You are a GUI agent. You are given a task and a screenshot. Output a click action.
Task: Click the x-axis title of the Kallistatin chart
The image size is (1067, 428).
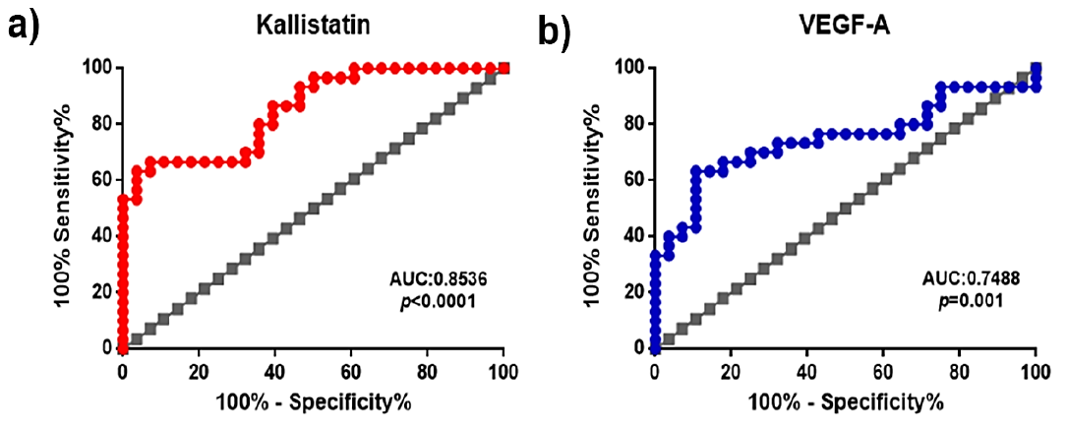click(314, 402)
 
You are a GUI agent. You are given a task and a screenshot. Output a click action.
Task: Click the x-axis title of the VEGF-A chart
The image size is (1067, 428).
click(846, 402)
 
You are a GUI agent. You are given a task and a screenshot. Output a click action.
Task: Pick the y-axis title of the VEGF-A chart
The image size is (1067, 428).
click(607, 209)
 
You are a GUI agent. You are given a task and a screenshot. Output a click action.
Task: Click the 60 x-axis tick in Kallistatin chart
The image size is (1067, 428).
click(350, 372)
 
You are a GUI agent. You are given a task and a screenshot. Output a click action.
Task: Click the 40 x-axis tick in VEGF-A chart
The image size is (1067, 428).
click(806, 372)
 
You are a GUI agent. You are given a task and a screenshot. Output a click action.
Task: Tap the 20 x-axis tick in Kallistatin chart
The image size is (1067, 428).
click(199, 372)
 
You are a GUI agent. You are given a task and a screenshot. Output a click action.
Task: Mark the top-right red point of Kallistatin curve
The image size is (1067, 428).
click(504, 68)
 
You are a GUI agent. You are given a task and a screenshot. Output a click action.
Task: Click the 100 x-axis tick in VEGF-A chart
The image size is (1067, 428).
click(1035, 372)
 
